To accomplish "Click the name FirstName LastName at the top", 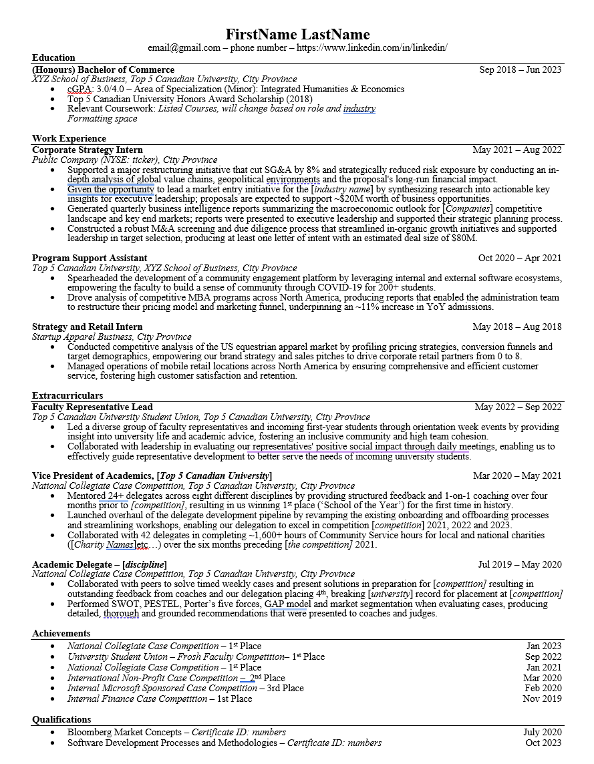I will click(x=297, y=34).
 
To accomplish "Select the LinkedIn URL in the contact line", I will click(x=372, y=47).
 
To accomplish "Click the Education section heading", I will click(x=53, y=57).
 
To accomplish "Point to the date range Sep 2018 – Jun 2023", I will click(x=520, y=69).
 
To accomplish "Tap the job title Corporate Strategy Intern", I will click(x=88, y=150).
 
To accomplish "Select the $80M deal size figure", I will click(x=464, y=238).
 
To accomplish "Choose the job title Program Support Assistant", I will click(x=90, y=258).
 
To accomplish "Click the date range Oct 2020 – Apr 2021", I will click(x=519, y=258).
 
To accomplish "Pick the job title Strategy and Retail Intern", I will click(x=88, y=327).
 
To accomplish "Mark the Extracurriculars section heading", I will click(x=67, y=395).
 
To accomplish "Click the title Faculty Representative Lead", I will click(x=92, y=407).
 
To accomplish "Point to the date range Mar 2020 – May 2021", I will click(x=517, y=475).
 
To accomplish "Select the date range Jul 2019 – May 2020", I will click(x=520, y=564).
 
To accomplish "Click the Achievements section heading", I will click(x=61, y=633).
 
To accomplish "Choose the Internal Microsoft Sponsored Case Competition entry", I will click(x=162, y=688).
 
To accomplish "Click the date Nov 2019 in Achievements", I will click(x=542, y=699).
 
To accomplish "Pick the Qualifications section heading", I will click(x=61, y=719).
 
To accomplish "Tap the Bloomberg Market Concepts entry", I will click(x=124, y=732).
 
